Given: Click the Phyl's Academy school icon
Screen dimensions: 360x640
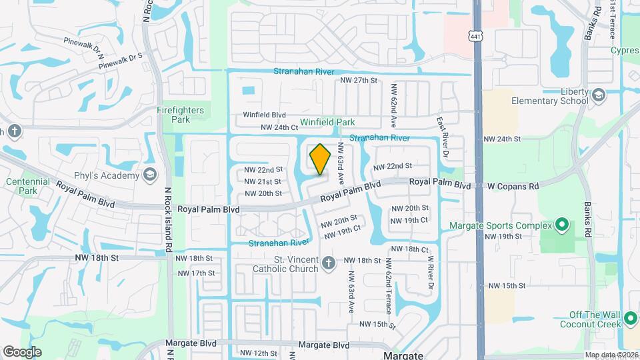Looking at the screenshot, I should [151, 175].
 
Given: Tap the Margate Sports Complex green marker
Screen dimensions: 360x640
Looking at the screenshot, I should [561, 225].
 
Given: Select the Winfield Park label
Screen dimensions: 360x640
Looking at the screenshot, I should [327, 123].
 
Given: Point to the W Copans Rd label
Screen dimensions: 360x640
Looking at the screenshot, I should [512, 186].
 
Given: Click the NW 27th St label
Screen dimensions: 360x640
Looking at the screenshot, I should [359, 80].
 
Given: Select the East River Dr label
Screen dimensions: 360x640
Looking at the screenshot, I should [442, 133].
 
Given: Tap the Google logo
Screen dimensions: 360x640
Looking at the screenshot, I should [21, 351].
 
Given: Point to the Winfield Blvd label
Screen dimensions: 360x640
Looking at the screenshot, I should [264, 115].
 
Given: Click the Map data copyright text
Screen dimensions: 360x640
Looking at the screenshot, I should [611, 355].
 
